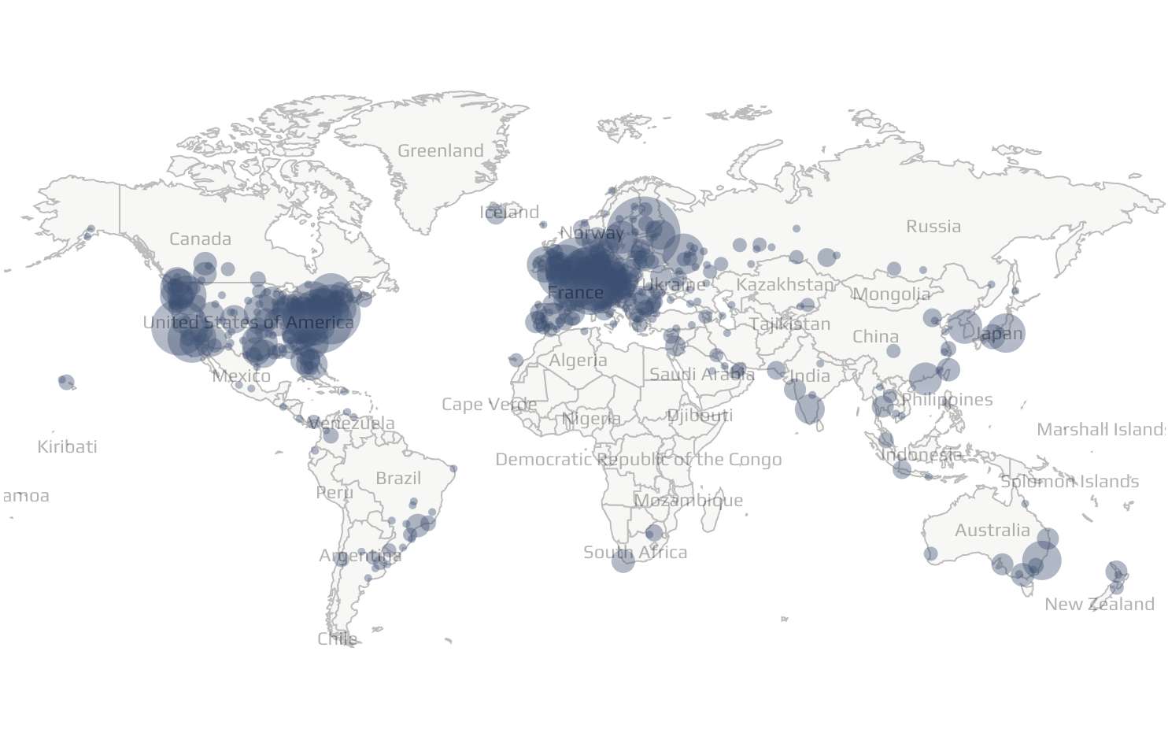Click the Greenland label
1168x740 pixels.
point(441,151)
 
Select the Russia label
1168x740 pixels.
point(933,227)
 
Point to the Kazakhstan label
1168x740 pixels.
point(785,285)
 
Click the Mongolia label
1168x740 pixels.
point(891,294)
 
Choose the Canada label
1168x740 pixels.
point(201,239)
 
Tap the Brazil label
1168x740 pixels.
point(398,479)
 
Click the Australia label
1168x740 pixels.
point(992,531)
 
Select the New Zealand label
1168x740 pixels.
point(1100,605)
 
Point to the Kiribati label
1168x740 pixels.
point(68,447)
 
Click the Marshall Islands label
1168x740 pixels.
point(1101,430)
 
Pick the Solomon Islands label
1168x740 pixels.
point(1070,482)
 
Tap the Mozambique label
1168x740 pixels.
point(688,501)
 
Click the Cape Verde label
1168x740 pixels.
point(489,405)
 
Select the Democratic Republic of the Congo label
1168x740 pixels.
point(638,460)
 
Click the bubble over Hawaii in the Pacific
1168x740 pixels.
point(66,382)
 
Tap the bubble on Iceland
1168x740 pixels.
point(495,213)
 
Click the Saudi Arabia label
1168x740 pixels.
point(701,375)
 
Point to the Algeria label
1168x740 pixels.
point(578,361)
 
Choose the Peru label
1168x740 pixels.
point(335,493)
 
